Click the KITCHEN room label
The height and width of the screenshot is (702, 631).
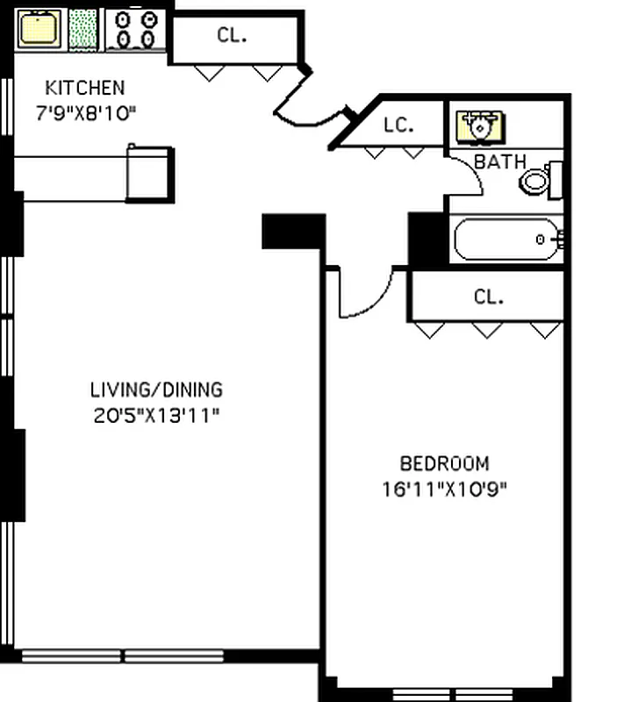[x=84, y=88]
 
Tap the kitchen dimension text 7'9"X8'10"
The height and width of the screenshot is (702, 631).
[x=86, y=112]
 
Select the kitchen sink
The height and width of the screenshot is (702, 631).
[x=38, y=28]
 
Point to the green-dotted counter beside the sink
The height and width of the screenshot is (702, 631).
[x=83, y=29]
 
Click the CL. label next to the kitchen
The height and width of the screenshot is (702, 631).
[x=232, y=36]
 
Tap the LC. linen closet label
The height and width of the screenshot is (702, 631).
[x=398, y=125]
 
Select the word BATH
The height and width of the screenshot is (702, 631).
[x=500, y=162]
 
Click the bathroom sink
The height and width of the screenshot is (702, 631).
[x=480, y=125]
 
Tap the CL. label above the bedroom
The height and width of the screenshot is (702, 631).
[x=489, y=297]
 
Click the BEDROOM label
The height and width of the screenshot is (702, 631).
[x=444, y=463]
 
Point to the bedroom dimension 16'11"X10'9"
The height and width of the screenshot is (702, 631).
[x=444, y=488]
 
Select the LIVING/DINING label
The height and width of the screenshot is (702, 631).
[x=156, y=389]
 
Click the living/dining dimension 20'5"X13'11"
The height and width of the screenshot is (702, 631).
[x=156, y=414]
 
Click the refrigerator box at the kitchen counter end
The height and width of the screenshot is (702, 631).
[x=149, y=174]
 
